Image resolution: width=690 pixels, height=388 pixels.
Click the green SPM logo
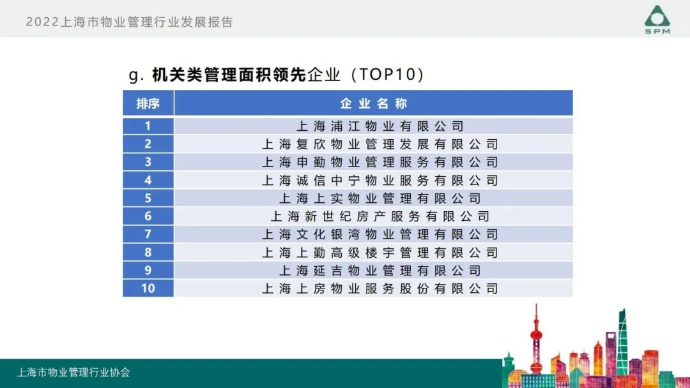[x=657, y=19]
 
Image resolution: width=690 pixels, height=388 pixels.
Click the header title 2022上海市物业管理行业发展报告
[x=130, y=22]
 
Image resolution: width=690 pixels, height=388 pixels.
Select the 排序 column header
[x=148, y=103]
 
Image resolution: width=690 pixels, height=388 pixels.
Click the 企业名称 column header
[x=373, y=103]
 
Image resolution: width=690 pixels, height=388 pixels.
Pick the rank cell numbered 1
[x=148, y=126]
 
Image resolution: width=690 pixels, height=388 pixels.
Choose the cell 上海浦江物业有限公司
[x=379, y=126]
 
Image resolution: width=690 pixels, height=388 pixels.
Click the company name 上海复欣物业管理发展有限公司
[x=379, y=144]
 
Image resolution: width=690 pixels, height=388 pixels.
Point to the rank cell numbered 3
[x=148, y=162]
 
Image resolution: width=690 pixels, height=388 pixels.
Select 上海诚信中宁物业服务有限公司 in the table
[x=379, y=181]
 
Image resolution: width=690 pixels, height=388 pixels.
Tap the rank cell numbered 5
[x=148, y=198]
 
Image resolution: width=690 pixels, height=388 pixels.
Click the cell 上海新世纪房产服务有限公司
[x=379, y=216]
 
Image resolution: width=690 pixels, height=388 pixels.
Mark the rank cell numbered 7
[x=148, y=234]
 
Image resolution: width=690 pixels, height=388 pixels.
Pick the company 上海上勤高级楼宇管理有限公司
[x=379, y=253]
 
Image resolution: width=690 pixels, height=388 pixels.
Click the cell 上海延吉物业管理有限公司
[x=379, y=271]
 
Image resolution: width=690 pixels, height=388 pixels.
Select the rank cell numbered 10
[x=148, y=288]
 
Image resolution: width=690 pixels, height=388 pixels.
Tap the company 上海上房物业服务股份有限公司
[x=379, y=288]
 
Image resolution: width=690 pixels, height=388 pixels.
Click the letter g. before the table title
[x=135, y=75]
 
